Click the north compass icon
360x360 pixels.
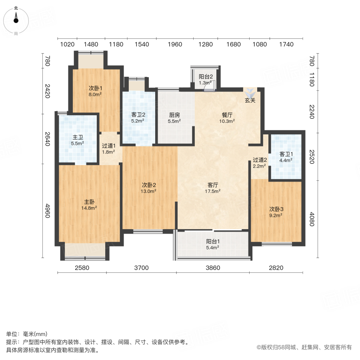pyautogui.click(x=16, y=19)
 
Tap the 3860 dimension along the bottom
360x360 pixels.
pyautogui.click(x=212, y=268)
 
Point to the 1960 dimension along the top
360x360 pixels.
pyautogui.click(x=174, y=44)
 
